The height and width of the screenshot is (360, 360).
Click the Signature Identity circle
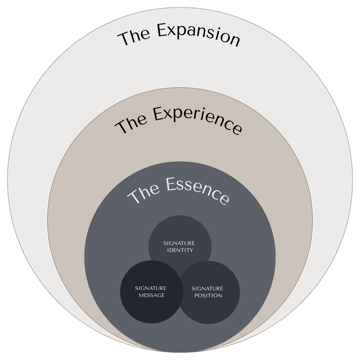180,233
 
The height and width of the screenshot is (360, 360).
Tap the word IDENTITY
180,250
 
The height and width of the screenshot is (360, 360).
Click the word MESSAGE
152,295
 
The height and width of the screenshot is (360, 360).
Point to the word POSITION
207,295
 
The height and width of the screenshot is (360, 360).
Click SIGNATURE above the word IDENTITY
179,243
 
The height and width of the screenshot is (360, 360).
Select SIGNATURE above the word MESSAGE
151,288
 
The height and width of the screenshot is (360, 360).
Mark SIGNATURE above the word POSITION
207,288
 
